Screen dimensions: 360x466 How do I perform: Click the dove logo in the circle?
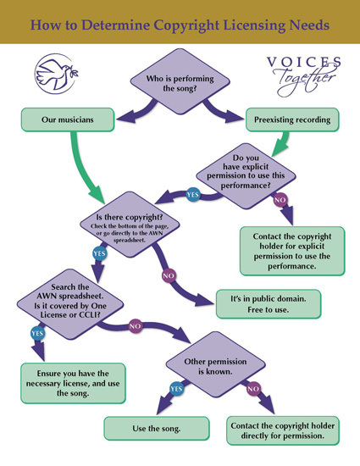[x=57, y=74]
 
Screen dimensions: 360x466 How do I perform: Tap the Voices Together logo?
[x=304, y=76]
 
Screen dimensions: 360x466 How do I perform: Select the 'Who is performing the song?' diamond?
[x=180, y=81]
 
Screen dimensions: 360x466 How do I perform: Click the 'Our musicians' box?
[x=68, y=119]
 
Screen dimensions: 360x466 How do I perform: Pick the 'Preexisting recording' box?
[x=292, y=119]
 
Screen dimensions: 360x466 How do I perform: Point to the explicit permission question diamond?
[x=246, y=176]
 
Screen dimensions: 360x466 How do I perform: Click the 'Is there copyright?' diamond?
[x=130, y=225]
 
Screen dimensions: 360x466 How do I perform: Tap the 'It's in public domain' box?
[x=269, y=304]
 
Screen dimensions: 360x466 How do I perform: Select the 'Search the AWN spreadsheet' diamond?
[x=70, y=304]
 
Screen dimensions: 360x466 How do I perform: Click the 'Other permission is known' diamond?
[x=215, y=364]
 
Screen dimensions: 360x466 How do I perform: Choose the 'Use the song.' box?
[x=157, y=429]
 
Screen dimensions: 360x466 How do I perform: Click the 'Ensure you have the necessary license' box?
[x=73, y=383]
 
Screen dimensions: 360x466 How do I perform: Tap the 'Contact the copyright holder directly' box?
[x=283, y=431]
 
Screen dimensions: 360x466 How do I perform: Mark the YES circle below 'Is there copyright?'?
[x=99, y=253]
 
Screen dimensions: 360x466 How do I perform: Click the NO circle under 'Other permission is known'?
[x=253, y=389]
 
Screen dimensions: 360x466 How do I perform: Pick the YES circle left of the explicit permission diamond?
[x=193, y=195]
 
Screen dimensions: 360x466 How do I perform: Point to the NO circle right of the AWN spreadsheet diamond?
[x=136, y=326]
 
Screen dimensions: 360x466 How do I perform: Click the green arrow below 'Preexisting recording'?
[x=282, y=143]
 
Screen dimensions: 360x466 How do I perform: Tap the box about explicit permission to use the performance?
[x=292, y=251]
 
